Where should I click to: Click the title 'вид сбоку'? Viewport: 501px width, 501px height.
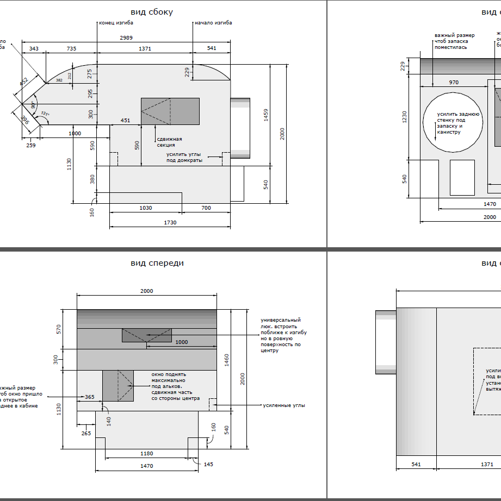[152, 12]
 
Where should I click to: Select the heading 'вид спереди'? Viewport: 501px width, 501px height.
[157, 263]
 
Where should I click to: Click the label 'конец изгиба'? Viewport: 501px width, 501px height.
[116, 23]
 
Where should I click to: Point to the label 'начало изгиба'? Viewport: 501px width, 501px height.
[214, 23]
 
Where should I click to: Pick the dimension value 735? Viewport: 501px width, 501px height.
[71, 48]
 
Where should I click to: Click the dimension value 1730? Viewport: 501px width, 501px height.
[170, 222]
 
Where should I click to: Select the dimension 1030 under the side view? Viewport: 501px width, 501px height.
[145, 208]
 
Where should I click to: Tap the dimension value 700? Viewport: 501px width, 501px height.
[206, 208]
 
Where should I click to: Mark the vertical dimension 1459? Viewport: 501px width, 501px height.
[265, 115]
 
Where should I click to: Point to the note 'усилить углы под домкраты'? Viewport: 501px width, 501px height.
[184, 158]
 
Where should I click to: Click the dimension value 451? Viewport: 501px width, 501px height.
[126, 121]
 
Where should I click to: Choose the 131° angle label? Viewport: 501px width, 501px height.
[45, 115]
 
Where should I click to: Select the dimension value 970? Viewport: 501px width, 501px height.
[454, 83]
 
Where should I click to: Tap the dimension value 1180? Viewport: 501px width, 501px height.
[147, 453]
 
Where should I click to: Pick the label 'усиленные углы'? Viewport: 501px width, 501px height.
[284, 405]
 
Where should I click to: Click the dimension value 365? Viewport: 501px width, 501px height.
[89, 397]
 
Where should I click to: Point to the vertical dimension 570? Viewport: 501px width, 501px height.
[58, 329]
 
